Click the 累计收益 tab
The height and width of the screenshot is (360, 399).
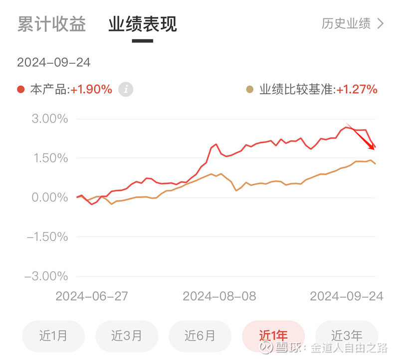point(51,24)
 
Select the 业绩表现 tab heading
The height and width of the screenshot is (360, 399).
point(143,24)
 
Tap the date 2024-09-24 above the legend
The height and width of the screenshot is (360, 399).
point(54,63)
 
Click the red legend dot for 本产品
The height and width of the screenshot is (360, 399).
point(20,90)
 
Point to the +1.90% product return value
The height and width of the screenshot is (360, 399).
point(91,90)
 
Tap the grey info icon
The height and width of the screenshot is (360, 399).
point(126,90)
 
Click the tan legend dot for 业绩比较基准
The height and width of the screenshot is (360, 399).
point(249,90)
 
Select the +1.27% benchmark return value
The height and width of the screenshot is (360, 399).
point(357,90)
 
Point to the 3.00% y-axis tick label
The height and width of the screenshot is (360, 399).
point(49,119)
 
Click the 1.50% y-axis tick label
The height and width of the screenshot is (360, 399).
point(49,158)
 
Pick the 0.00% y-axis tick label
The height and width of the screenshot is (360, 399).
point(49,197)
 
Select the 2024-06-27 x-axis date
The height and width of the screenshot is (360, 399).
point(92,296)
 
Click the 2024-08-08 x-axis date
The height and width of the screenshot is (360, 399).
point(219,296)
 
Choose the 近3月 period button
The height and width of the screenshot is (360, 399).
point(127,336)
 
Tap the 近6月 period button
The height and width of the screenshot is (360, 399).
point(200,336)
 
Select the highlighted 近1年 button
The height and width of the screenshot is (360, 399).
point(273,336)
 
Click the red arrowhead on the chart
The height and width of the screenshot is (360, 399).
point(372,146)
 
